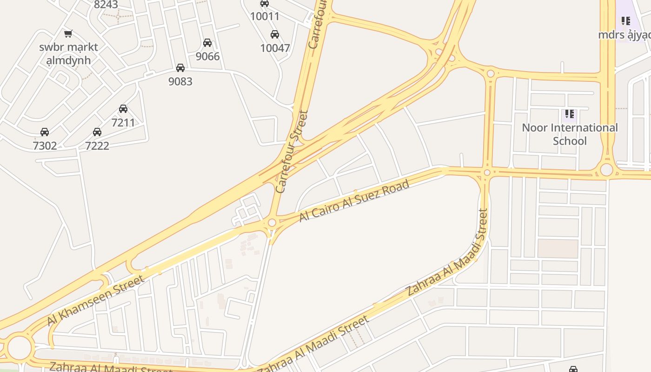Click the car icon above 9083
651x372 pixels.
click(x=180, y=68)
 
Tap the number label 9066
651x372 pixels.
click(x=207, y=56)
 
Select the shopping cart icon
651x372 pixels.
click(x=68, y=33)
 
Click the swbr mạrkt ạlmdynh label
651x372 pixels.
click(x=68, y=53)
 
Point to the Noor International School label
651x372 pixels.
click(x=570, y=134)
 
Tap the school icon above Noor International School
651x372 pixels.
click(x=570, y=114)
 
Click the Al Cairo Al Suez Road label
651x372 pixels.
click(x=354, y=200)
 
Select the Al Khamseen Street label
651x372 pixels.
click(x=95, y=301)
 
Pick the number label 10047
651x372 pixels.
click(x=275, y=48)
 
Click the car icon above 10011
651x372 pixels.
click(x=265, y=4)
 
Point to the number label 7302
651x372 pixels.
click(x=45, y=146)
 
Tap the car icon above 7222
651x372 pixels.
click(x=97, y=132)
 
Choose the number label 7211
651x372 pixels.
click(x=123, y=122)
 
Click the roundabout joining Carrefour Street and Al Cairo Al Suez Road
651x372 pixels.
click(x=272, y=223)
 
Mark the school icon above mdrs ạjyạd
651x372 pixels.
click(x=626, y=21)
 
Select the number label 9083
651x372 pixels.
click(x=180, y=81)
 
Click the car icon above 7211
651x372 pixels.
click(x=123, y=109)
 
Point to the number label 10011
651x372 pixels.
click(x=265, y=17)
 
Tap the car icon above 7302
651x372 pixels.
click(x=45, y=132)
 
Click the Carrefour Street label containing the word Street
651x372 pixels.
click(x=292, y=152)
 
